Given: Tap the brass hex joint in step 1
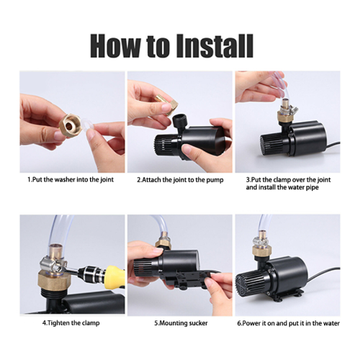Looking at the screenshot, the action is (x=70, y=125).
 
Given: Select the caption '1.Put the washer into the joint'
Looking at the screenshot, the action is (x=71, y=179).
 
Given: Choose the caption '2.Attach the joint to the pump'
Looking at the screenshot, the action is (x=180, y=180).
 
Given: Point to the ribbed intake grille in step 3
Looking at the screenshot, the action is (x=268, y=145).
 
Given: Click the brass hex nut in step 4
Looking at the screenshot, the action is (x=55, y=282).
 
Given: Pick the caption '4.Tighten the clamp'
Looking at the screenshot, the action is (x=71, y=323).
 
